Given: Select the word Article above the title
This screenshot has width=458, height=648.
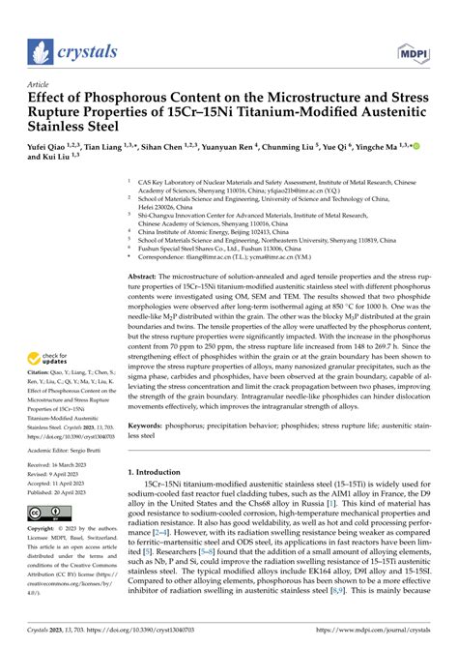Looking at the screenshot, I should (40, 83).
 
